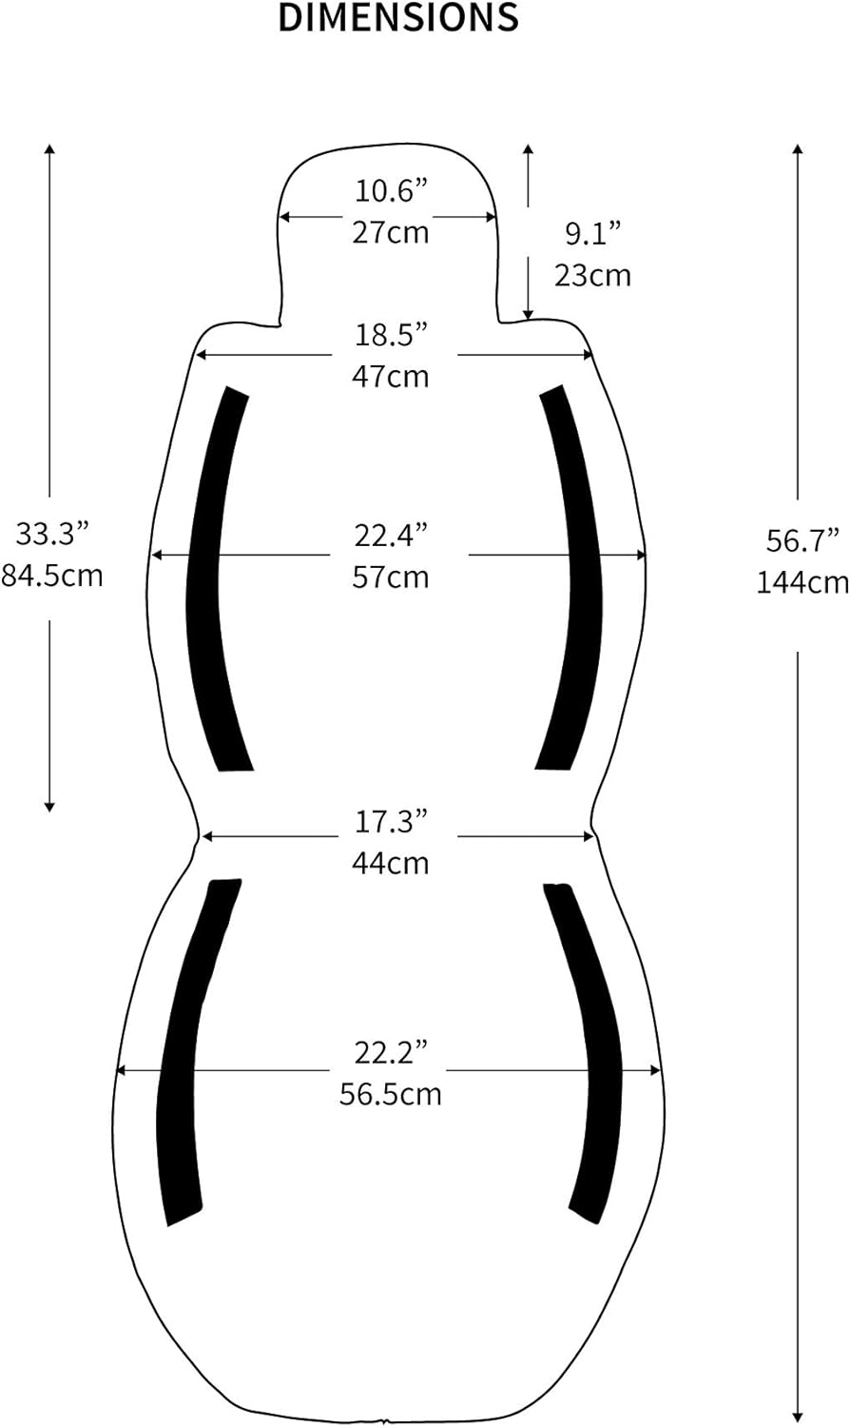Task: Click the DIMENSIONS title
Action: pos(398,17)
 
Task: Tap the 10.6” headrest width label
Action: pos(391,191)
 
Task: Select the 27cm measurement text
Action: pos(391,232)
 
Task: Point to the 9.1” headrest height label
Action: pos(592,234)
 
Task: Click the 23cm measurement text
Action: pos(592,276)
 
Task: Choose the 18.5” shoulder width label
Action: pos(391,335)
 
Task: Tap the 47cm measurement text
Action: pos(391,377)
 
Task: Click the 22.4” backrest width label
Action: pos(391,536)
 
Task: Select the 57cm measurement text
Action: pos(391,577)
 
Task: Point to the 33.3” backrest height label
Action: pos(51,534)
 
